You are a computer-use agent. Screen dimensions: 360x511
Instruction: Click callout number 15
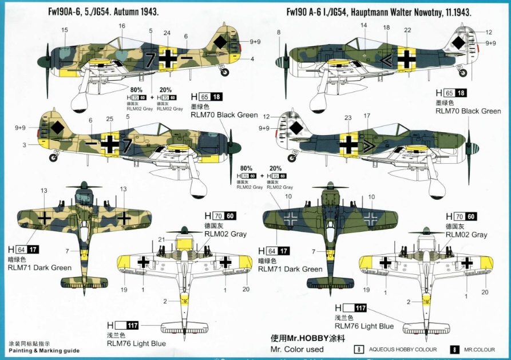(x=64, y=30)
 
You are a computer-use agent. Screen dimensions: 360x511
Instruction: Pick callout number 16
(x=122, y=26)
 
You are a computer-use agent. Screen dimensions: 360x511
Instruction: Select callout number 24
(x=167, y=33)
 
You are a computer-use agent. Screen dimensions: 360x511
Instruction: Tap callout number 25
(x=109, y=118)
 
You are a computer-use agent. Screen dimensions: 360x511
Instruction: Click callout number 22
(x=407, y=30)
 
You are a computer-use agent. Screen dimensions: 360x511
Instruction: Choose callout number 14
(x=363, y=26)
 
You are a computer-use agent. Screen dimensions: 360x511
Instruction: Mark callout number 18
(x=386, y=27)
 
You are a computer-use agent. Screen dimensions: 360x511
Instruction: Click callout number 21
(x=161, y=239)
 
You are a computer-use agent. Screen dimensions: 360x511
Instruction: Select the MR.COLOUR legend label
(x=480, y=349)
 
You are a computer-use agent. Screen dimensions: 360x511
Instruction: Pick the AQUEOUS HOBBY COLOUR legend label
(x=403, y=349)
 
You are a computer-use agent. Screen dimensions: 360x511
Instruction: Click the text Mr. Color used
(x=296, y=349)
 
